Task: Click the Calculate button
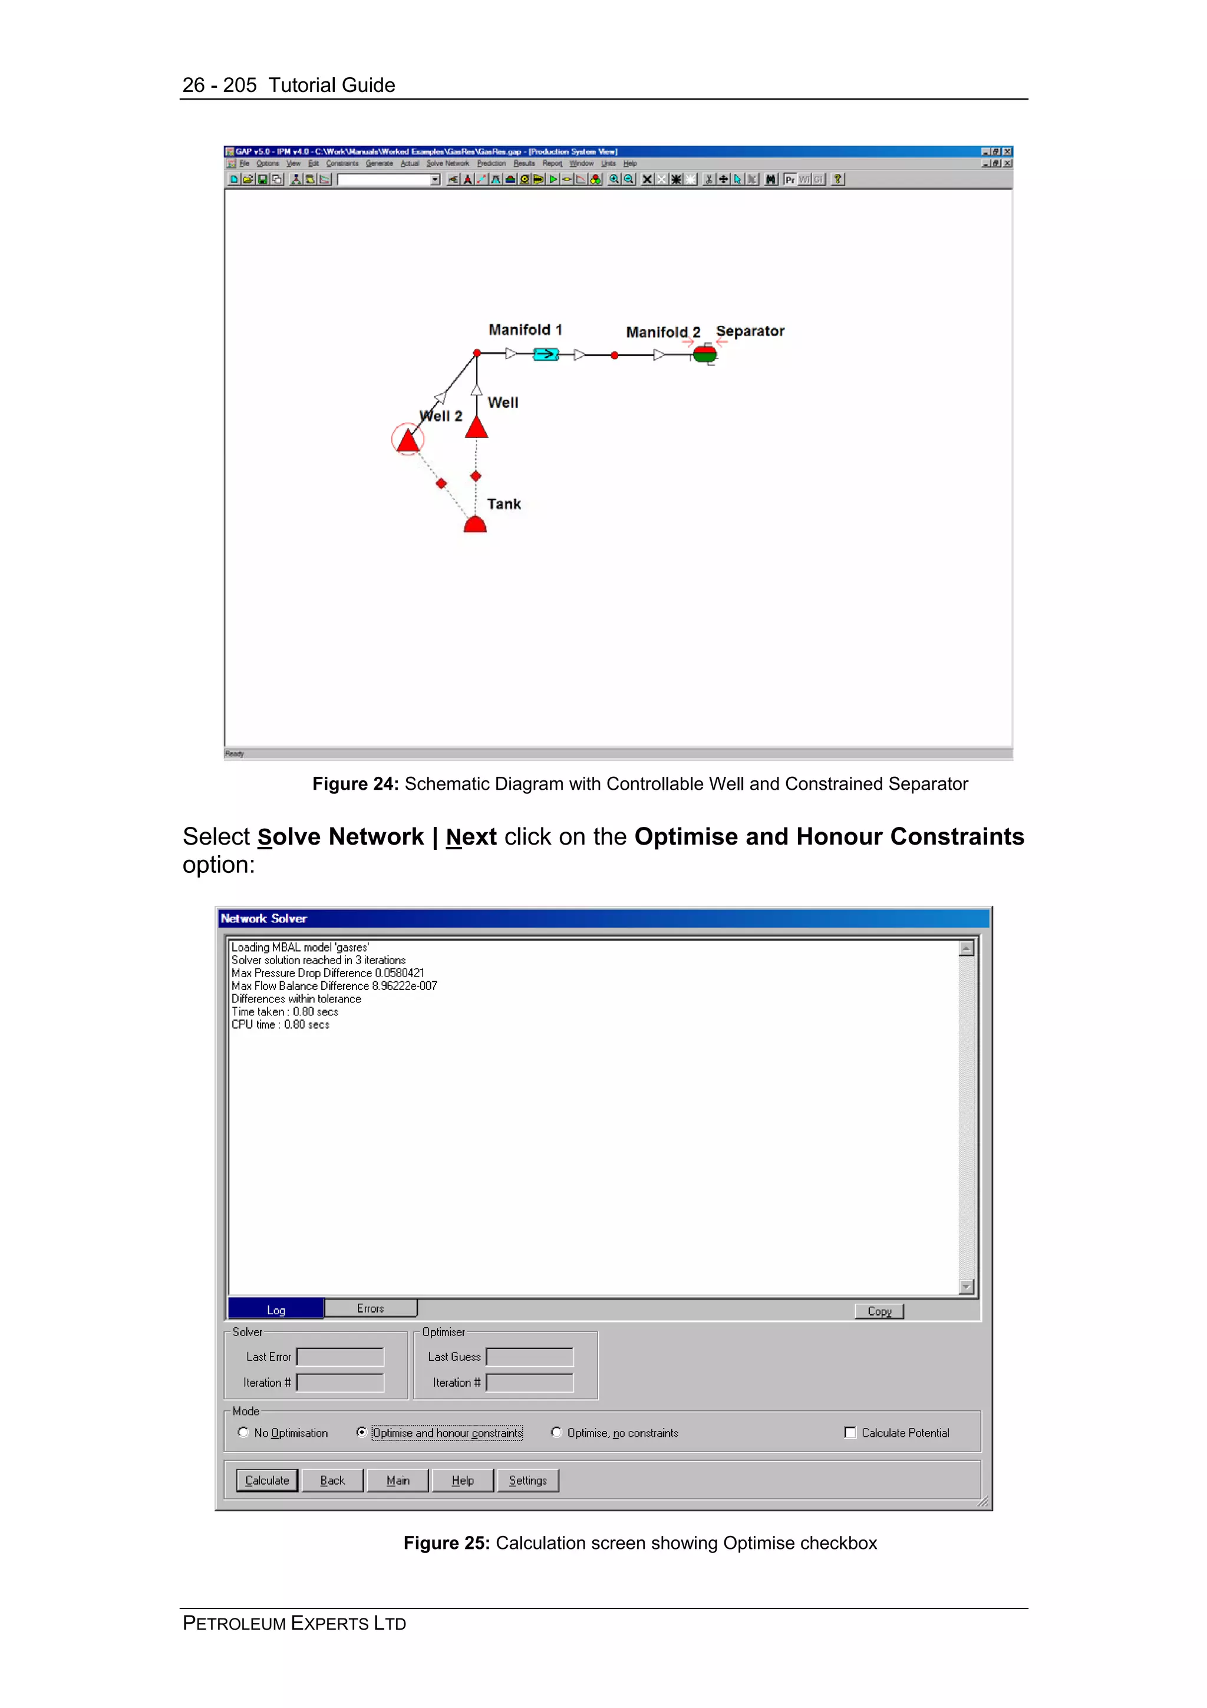click(267, 1481)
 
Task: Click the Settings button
click(527, 1481)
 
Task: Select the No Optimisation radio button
click(243, 1432)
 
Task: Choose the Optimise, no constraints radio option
click(556, 1432)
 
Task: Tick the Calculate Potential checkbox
click(850, 1432)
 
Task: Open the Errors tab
click(370, 1308)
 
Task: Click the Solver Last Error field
click(340, 1357)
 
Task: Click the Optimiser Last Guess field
click(529, 1357)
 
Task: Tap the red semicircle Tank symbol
click(475, 526)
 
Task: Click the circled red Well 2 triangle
click(407, 440)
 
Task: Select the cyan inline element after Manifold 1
click(546, 354)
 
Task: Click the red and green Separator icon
click(704, 355)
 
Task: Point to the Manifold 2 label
click(662, 332)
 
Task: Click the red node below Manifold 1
click(477, 354)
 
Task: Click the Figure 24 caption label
click(355, 783)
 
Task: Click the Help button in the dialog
click(463, 1481)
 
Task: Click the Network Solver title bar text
click(263, 919)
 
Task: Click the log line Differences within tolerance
click(296, 999)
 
